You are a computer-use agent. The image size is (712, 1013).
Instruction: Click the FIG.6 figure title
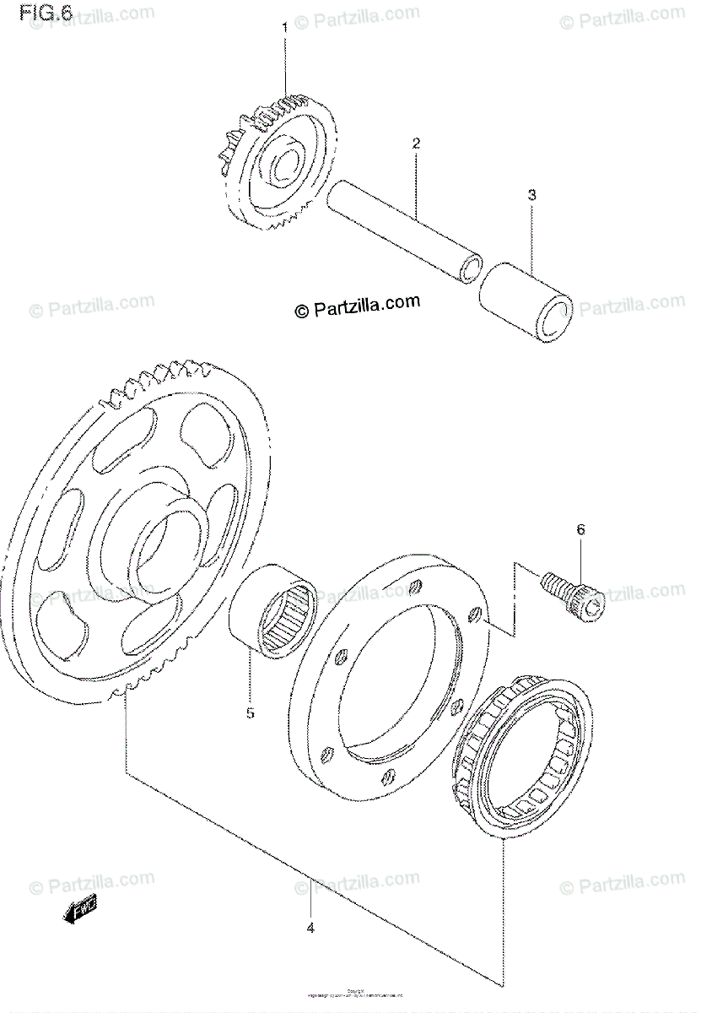48,15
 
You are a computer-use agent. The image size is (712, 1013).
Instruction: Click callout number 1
284,27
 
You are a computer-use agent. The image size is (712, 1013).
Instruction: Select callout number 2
416,144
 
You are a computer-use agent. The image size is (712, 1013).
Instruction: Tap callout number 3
531,196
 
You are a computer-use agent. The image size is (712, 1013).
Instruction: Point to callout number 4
310,929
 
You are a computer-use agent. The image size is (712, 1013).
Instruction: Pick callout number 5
250,713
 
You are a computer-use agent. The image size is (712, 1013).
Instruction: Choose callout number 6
580,530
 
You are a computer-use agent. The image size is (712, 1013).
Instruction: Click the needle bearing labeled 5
273,608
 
